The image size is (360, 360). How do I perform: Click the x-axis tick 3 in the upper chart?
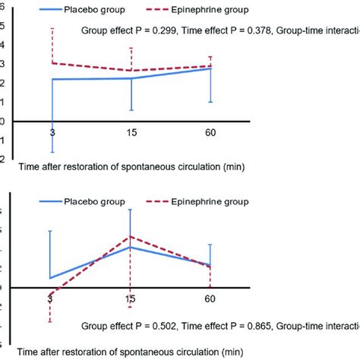52,132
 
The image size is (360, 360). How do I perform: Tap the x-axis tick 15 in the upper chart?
131,132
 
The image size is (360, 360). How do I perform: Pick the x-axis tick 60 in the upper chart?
210,132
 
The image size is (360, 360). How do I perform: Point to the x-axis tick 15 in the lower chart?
131,298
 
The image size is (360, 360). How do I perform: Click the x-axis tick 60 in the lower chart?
210,298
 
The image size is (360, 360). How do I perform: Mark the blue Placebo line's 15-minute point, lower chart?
131,247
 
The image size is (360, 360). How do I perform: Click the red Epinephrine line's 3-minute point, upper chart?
52,63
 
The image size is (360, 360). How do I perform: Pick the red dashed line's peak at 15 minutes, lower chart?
131,236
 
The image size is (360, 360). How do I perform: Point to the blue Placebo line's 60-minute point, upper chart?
210,68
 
